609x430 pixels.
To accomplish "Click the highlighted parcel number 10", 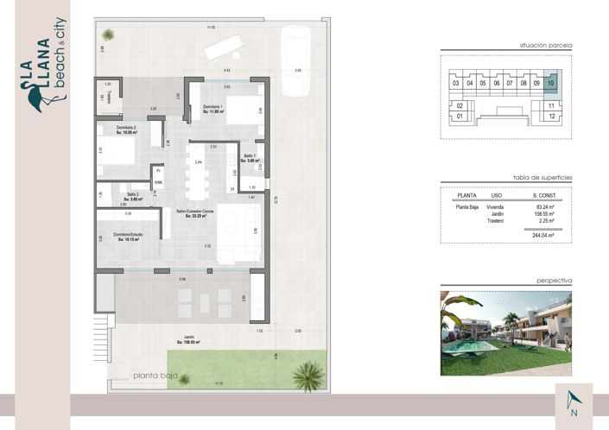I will pos(551,84).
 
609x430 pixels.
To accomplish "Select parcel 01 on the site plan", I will pos(460,116).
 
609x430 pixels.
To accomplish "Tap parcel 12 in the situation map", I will pos(551,116).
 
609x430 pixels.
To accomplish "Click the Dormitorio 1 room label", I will pos(213,108).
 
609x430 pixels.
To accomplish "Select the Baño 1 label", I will pos(249,158).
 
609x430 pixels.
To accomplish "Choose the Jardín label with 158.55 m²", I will pos(187,339).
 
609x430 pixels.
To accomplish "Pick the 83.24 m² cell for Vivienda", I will pos(544,207).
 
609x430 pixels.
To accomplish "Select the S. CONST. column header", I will pos(544,196).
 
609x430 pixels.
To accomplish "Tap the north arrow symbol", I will pos(574,400).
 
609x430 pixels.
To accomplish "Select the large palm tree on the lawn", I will pos(306,374).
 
